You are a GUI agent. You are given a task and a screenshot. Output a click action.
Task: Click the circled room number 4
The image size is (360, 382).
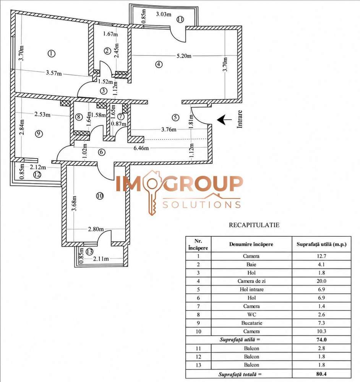click(159, 65)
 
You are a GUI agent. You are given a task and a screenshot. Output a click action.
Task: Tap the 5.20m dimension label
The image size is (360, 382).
click(184, 56)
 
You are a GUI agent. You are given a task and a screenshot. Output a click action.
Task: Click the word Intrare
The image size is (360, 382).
click(240, 119)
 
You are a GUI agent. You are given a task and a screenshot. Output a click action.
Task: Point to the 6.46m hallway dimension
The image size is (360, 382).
click(141, 148)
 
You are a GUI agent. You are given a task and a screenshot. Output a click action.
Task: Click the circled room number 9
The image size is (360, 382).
click(39, 133)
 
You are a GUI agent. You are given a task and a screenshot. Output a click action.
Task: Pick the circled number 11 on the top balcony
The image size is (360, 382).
click(180, 19)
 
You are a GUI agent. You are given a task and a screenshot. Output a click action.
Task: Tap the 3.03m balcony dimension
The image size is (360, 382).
click(163, 14)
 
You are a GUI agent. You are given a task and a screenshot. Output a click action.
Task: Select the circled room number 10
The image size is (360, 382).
click(100, 196)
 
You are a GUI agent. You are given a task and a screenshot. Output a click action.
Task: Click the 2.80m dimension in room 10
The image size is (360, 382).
click(96, 229)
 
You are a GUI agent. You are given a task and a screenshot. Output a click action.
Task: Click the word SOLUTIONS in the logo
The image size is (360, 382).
click(202, 205)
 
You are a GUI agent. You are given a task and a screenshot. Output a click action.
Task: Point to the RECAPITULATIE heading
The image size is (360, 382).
click(254, 225)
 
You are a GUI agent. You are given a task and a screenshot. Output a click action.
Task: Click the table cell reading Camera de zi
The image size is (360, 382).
click(251, 281)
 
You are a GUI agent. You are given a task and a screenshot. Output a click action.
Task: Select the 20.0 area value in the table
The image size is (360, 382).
click(321, 281)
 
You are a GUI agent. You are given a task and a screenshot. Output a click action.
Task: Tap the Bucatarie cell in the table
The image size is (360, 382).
click(251, 323)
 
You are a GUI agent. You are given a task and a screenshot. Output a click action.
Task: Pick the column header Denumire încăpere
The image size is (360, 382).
click(251, 244)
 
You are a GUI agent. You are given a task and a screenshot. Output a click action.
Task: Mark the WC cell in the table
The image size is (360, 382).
click(251, 315)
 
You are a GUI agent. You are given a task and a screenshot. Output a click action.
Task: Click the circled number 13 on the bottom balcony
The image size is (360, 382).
click(89, 252)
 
